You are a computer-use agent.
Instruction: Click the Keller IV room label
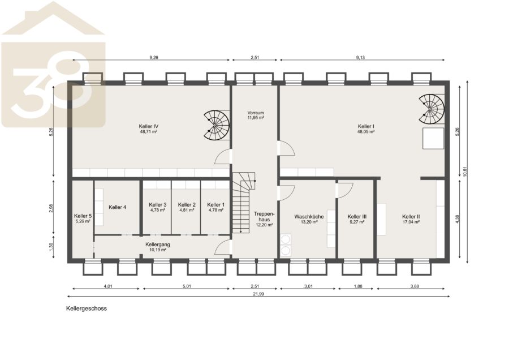pyautogui.click(x=148, y=126)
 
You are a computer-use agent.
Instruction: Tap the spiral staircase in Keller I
pyautogui.click(x=431, y=109)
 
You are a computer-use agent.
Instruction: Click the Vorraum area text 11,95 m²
pyautogui.click(x=256, y=118)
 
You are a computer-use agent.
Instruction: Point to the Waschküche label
pyautogui.click(x=309, y=216)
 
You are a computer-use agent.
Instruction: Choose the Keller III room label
pyautogui.click(x=357, y=216)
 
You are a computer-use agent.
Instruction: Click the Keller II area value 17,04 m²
pyautogui.click(x=411, y=222)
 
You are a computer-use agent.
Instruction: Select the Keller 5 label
pyautogui.click(x=83, y=216)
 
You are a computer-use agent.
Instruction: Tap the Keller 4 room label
pyautogui.click(x=118, y=207)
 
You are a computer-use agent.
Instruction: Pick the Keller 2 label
pyautogui.click(x=187, y=205)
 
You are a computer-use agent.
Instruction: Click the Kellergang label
pyautogui.click(x=158, y=245)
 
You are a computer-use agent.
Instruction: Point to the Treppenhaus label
pyautogui.click(x=264, y=217)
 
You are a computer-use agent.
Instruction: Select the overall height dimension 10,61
pyautogui.click(x=465, y=172)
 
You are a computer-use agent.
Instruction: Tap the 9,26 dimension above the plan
pyautogui.click(x=154, y=58)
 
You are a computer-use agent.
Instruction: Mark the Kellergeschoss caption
pyautogui.click(x=87, y=308)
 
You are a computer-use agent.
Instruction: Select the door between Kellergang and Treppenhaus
pyautogui.click(x=223, y=247)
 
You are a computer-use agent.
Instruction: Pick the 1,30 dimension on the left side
pyautogui.click(x=51, y=247)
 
